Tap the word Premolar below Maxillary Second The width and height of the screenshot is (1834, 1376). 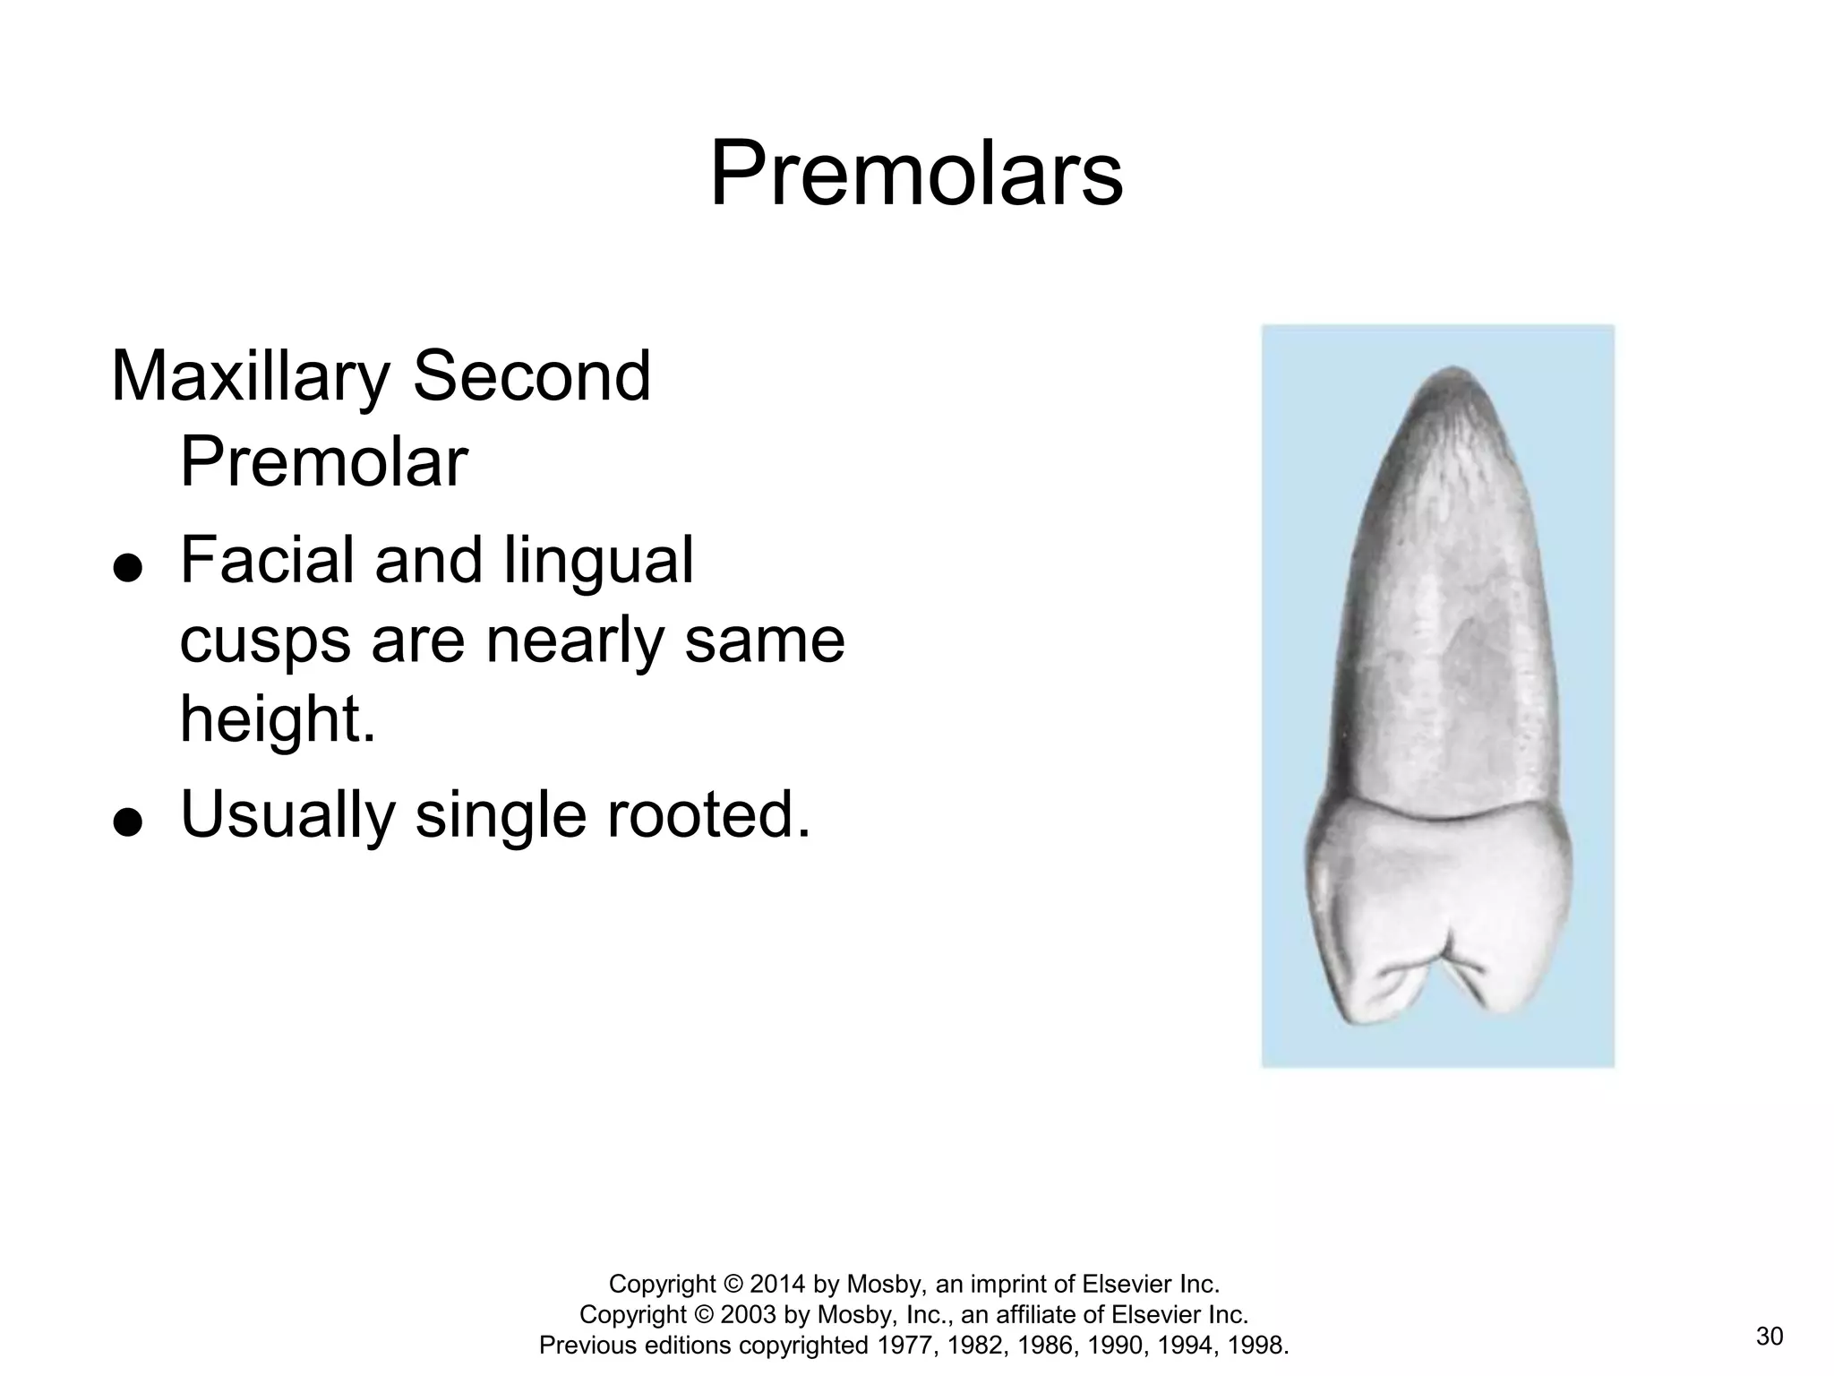[323, 462]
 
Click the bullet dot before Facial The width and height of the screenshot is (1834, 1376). [129, 568]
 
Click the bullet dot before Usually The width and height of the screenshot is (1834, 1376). [129, 821]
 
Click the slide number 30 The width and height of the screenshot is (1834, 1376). [1769, 1337]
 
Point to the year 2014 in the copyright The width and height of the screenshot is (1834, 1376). [778, 1285]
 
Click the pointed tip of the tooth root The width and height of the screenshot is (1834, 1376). [1453, 369]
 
